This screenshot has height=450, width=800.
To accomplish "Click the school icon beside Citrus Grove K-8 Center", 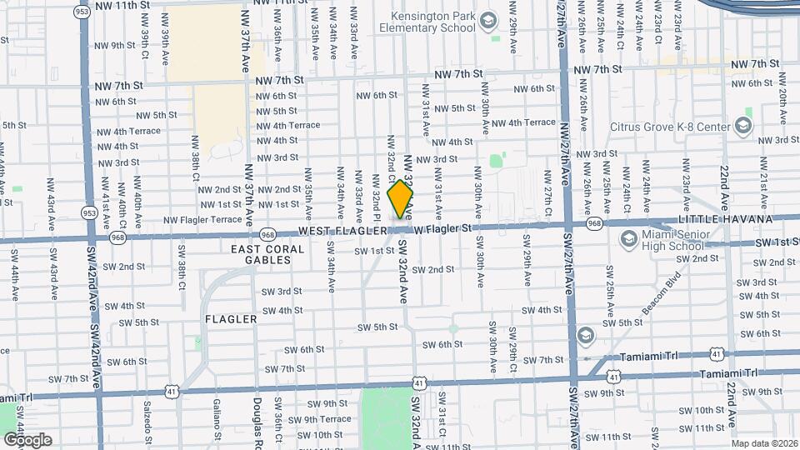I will coord(744,127).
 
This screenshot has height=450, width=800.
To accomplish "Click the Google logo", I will coord(27,440).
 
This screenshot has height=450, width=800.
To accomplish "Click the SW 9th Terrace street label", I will coord(322,419).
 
